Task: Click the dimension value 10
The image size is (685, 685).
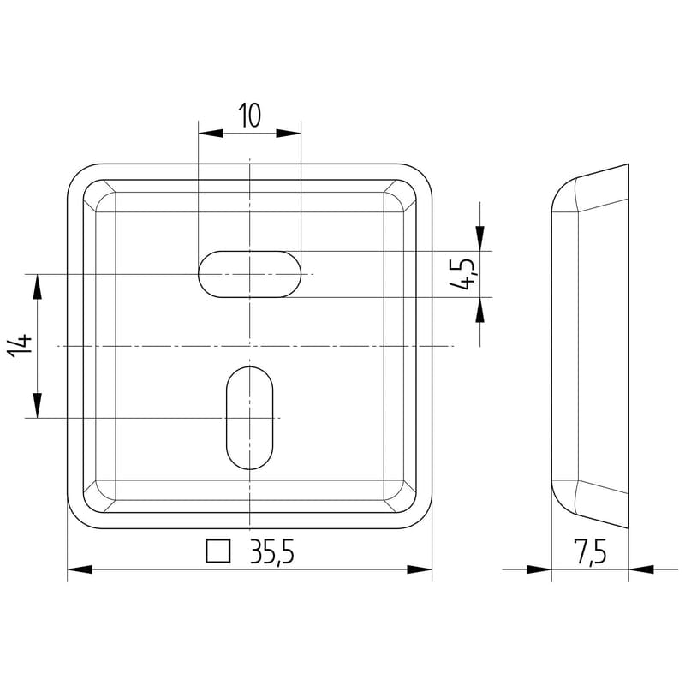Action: [249, 115]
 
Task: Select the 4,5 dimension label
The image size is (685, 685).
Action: [467, 274]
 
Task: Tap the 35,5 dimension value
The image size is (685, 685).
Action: [272, 553]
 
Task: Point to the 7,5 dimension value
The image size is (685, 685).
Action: [589, 553]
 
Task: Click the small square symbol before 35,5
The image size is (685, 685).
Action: [218, 551]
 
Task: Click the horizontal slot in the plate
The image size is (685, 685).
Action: [249, 274]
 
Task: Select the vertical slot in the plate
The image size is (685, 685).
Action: [249, 418]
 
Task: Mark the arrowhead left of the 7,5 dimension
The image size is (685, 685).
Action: [539, 569]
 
